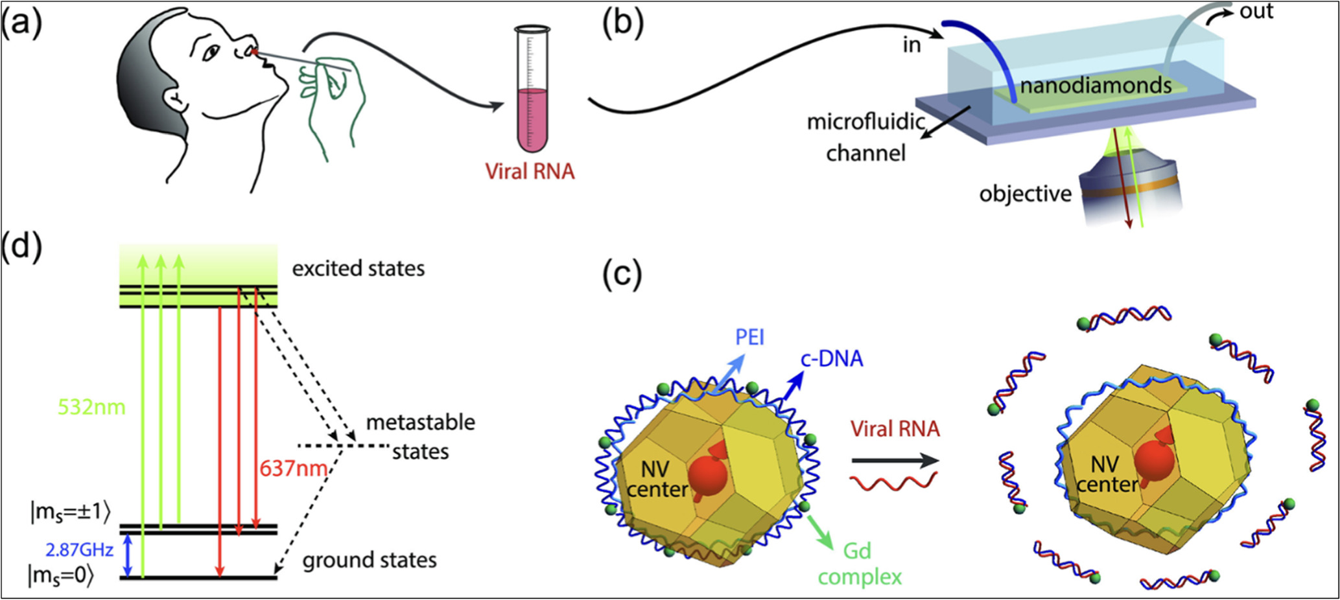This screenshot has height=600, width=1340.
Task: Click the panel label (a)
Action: [x=21, y=25]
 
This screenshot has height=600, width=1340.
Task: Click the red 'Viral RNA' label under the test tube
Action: [x=530, y=171]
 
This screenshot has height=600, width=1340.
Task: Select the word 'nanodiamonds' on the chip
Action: [x=1096, y=85]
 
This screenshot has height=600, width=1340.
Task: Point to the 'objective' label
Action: [x=1025, y=194]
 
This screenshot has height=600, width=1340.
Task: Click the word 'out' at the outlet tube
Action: [x=1256, y=11]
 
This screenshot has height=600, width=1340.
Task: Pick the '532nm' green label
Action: [x=91, y=408]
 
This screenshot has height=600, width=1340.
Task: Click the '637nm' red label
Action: [x=293, y=468]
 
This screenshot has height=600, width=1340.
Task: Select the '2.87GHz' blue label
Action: [x=79, y=551]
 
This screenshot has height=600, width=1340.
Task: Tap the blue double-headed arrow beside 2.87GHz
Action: [x=128, y=555]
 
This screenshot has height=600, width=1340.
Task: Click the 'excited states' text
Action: [x=359, y=268]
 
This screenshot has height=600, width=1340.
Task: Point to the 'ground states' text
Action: [x=370, y=560]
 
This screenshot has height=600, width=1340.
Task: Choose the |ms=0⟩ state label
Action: [x=60, y=576]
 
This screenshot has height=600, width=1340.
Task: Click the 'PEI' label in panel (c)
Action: [x=750, y=338]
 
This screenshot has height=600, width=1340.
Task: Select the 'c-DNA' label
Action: [x=832, y=358]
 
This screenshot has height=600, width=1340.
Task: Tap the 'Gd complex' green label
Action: [x=860, y=564]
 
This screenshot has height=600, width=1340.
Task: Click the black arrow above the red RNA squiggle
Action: [x=895, y=461]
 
